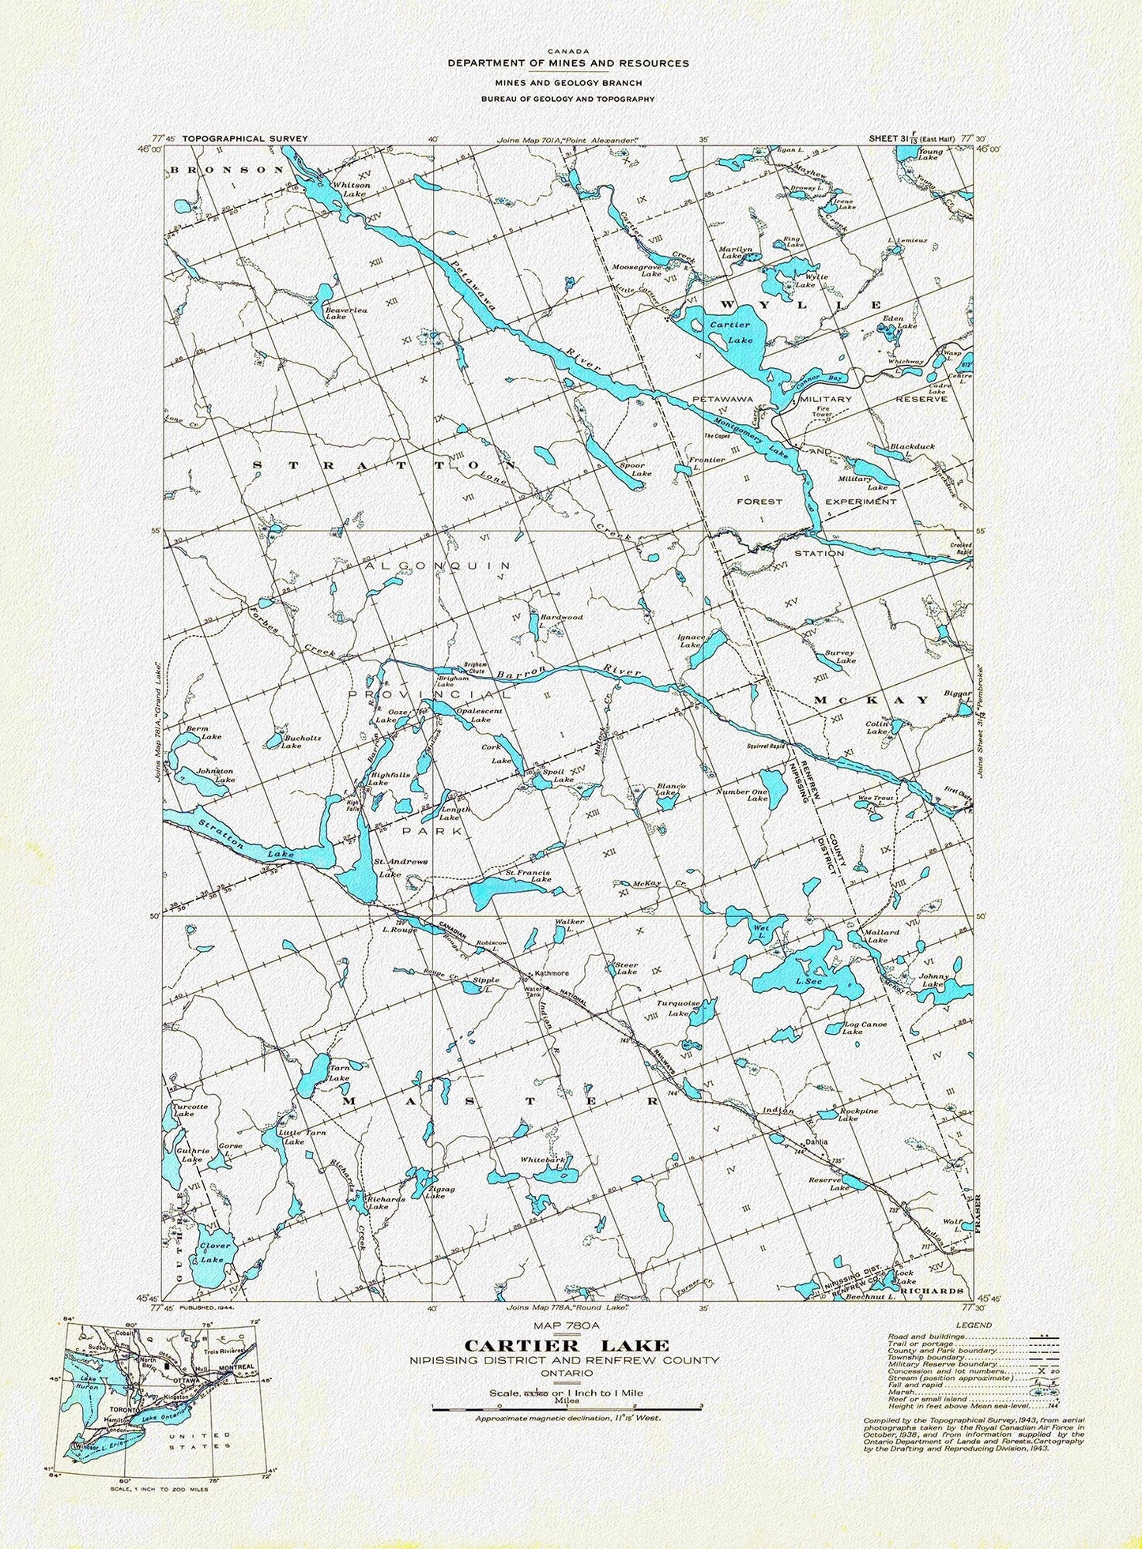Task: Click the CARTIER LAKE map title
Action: pyautogui.click(x=567, y=1345)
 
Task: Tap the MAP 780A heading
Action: pyautogui.click(x=567, y=1327)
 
